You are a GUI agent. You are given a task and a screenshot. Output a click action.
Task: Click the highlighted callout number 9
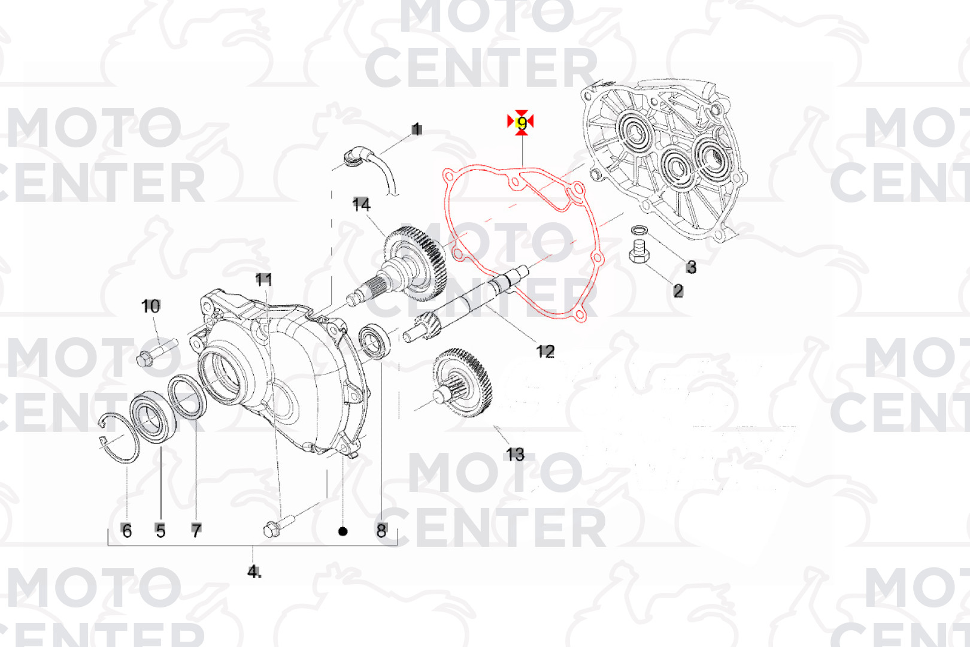coord(522,123)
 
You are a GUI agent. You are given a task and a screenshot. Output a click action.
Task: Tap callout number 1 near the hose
coord(416,129)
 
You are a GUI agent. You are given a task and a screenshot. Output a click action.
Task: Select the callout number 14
coord(361,204)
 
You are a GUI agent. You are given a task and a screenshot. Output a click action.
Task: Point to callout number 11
coord(263,280)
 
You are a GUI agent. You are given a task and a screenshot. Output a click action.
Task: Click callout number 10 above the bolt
coord(151,306)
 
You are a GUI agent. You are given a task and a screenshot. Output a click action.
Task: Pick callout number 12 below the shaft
coord(545,352)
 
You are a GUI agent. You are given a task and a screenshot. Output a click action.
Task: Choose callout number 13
coord(516,455)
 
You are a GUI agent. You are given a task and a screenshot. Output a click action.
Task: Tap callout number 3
coord(691,267)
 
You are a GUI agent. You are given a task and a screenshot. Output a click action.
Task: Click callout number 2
coord(678,291)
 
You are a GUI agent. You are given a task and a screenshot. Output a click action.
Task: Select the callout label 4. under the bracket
coord(254,572)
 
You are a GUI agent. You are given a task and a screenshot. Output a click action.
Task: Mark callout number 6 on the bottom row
coord(126,530)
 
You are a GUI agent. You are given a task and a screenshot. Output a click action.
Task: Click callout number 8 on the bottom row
coord(381,530)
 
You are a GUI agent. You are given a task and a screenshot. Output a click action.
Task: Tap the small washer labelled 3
coord(639,229)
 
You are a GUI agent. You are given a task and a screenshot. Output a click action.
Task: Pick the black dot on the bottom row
coord(342,531)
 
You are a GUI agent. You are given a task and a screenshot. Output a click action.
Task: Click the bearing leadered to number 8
coord(375,341)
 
